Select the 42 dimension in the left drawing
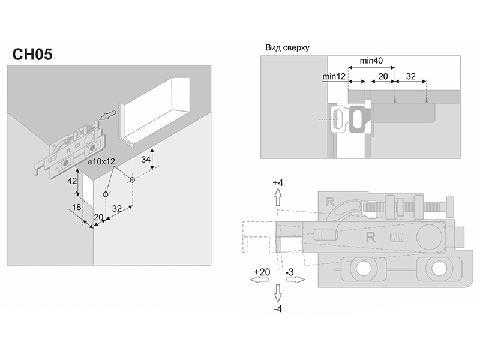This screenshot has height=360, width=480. (x=71, y=181)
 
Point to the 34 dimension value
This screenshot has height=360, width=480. (x=145, y=159)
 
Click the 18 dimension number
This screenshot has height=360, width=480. (x=76, y=208)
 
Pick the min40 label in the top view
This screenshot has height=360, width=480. (x=371, y=61)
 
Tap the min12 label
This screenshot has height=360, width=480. (x=334, y=76)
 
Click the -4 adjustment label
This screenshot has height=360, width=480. (x=277, y=310)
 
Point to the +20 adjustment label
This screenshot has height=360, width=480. (x=262, y=272)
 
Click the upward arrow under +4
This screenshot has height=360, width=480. (x=277, y=197)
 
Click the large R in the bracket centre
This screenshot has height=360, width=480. (x=370, y=237)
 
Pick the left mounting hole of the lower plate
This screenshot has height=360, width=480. (x=364, y=271)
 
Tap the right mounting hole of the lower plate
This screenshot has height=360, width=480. (x=436, y=271)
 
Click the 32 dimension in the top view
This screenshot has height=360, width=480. (x=411, y=76)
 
